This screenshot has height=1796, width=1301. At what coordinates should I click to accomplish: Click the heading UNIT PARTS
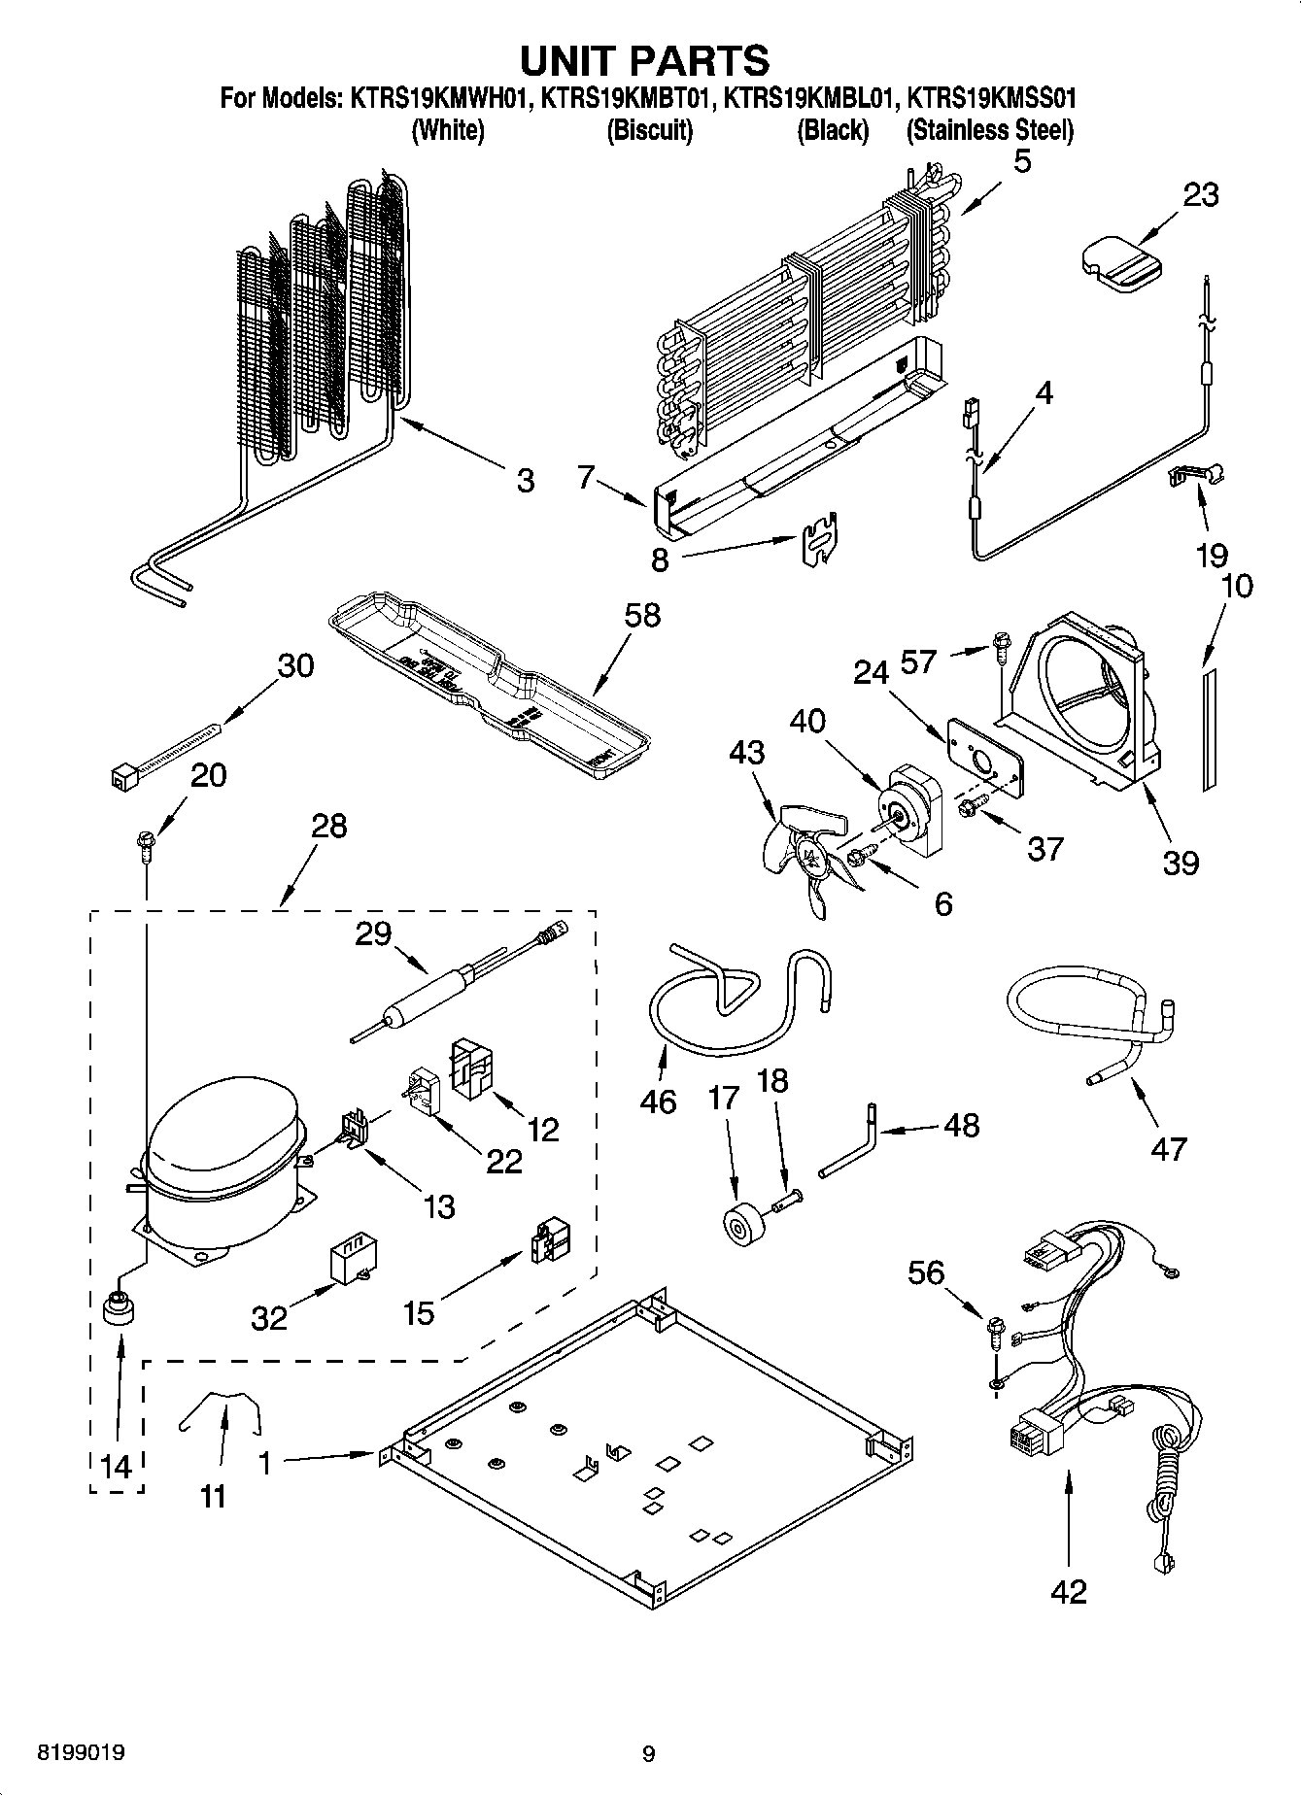tap(645, 60)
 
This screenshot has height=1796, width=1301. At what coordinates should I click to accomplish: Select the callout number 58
tap(642, 615)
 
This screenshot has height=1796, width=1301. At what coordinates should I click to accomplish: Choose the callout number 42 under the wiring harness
tap(1069, 1591)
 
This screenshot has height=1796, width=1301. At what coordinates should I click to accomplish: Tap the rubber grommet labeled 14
tap(119, 1308)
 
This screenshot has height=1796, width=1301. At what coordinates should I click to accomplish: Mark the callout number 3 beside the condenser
tap(525, 480)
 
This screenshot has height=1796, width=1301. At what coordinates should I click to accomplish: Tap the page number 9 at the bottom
tap(648, 1753)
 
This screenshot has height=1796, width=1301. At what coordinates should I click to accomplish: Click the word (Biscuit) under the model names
tap(649, 130)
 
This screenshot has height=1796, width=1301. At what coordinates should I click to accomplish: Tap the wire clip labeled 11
tap(222, 1410)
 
